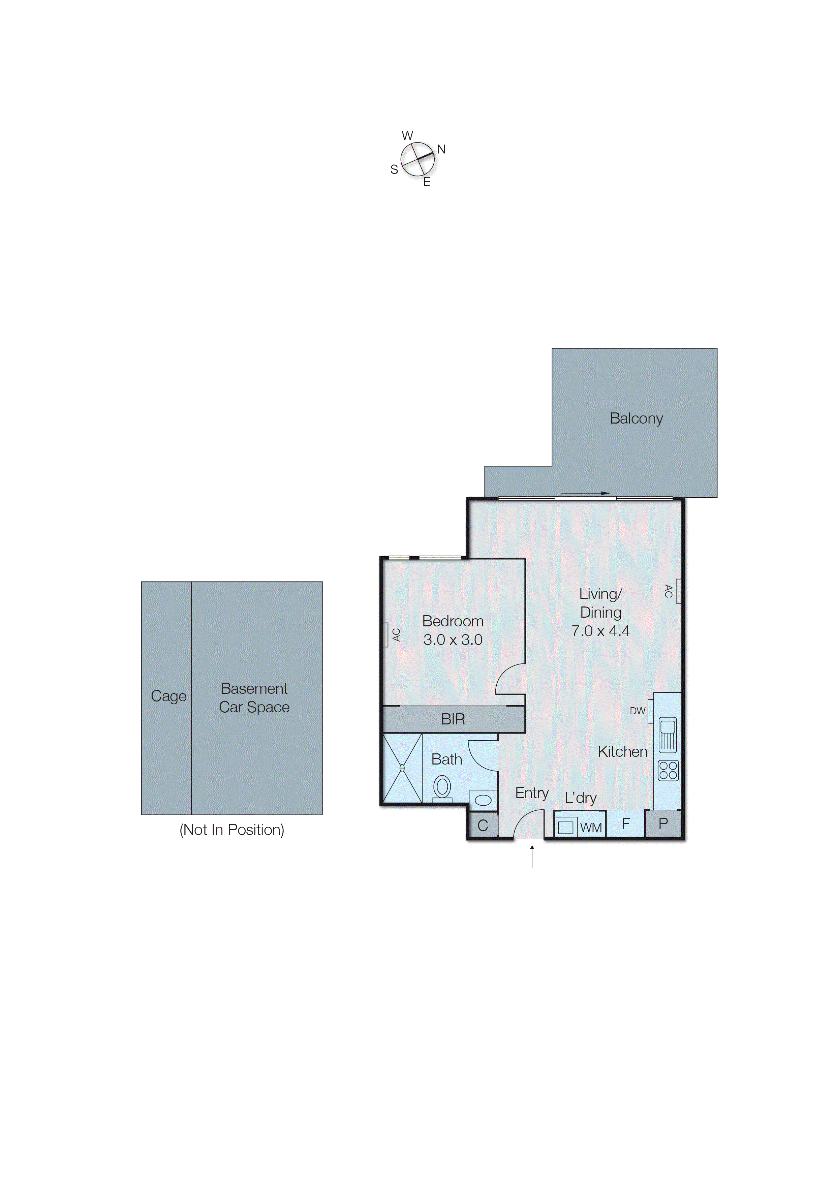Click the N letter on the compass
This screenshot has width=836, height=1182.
tap(441, 149)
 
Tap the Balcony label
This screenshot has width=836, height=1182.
tap(636, 418)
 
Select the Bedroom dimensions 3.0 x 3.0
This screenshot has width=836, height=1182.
tap(453, 640)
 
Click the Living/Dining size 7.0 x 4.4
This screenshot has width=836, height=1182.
tap(600, 631)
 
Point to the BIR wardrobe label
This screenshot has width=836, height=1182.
tap(453, 719)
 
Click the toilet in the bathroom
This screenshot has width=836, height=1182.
tap(442, 788)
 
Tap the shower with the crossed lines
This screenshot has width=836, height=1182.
tap(402, 768)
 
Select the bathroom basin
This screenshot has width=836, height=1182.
tap(483, 800)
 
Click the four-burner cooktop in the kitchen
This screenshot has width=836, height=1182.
tap(668, 771)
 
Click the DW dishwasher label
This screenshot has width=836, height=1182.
tap(637, 711)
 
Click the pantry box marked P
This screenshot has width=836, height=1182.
tap(663, 824)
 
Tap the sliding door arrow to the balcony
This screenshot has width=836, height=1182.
tap(585, 493)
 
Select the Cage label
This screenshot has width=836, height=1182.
tap(168, 696)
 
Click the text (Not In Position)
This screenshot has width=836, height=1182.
tap(231, 830)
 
